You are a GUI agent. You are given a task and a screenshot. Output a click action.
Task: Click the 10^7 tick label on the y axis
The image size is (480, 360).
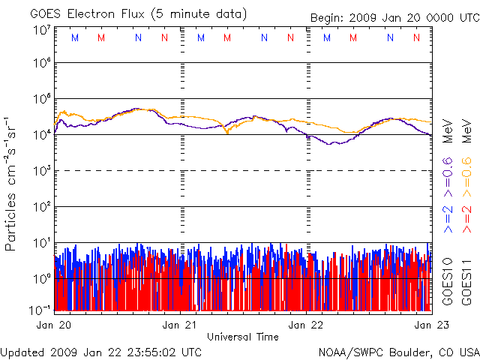click(x=41, y=31)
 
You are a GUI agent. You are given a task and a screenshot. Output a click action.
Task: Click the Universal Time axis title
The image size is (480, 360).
click(x=243, y=337)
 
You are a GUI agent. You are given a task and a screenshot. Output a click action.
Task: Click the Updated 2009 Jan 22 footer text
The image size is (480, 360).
click(x=101, y=351)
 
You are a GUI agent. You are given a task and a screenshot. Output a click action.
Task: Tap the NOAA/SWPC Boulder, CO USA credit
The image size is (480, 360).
click(x=398, y=351)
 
